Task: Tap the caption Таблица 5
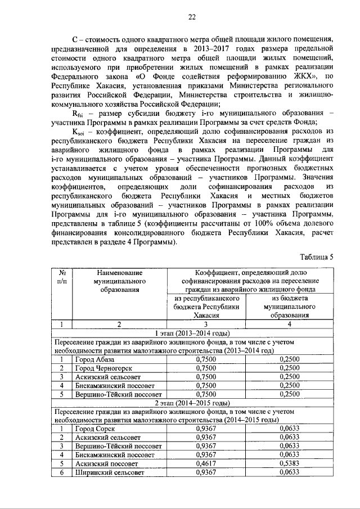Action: click(x=317, y=257)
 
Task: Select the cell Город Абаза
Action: click(x=94, y=359)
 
